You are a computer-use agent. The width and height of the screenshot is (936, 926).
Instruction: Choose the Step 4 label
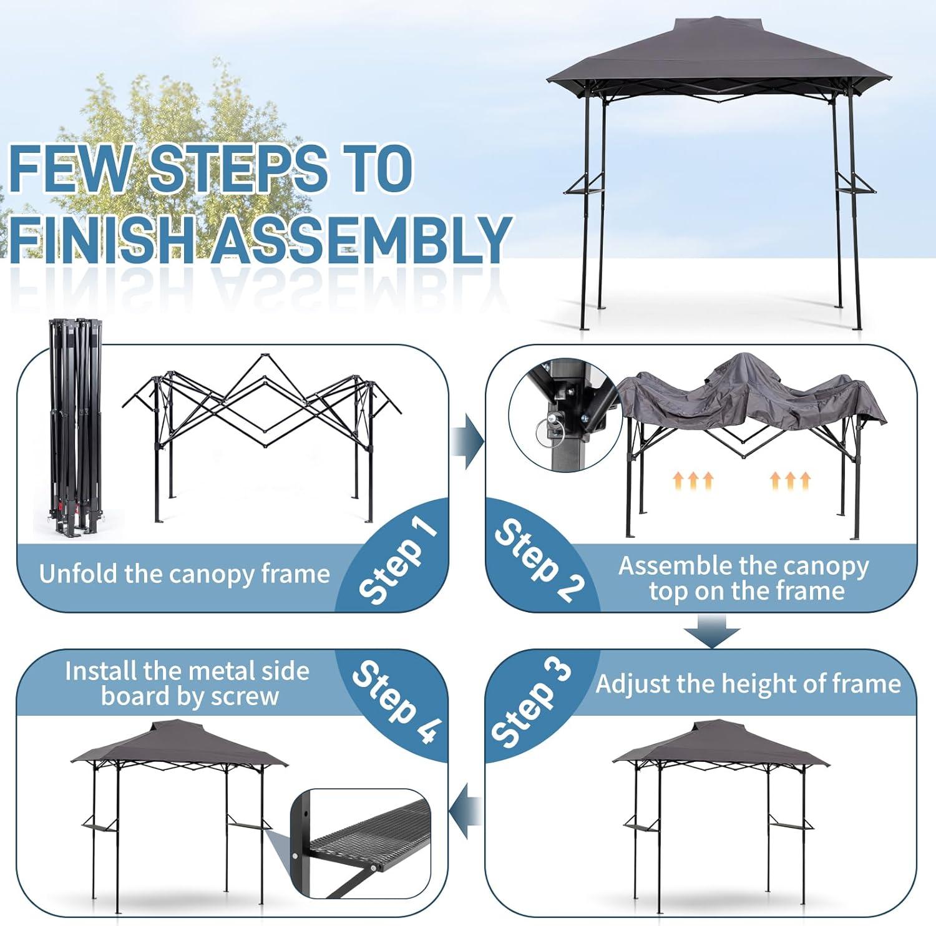[x=397, y=701]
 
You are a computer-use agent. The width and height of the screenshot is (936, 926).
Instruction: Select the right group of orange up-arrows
[x=790, y=480]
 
